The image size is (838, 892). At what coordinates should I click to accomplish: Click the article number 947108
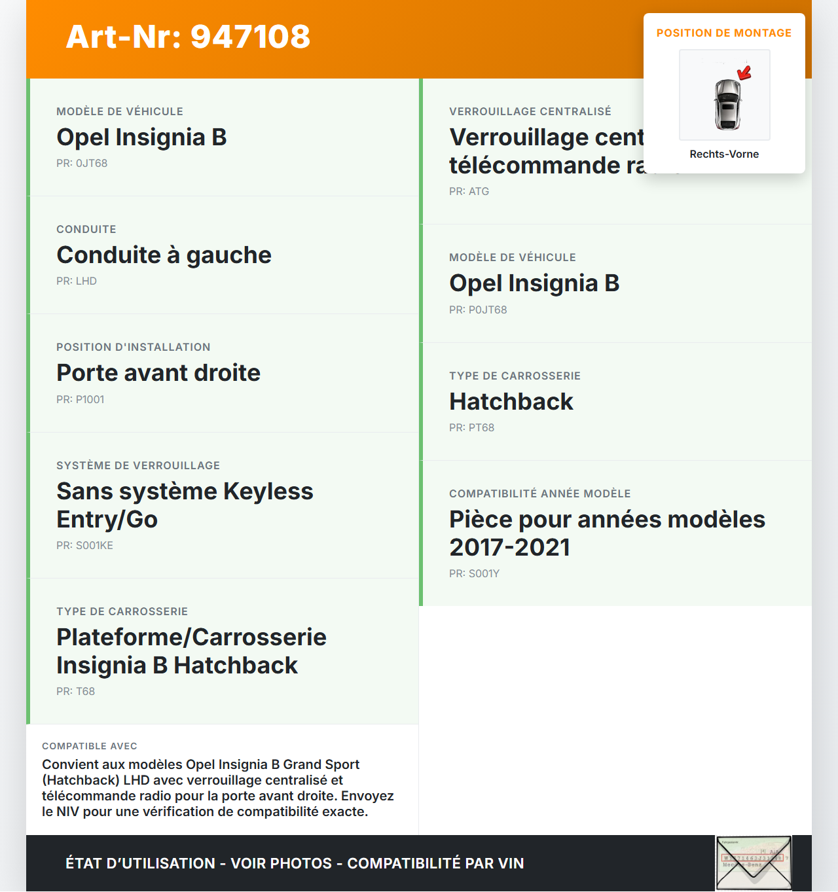point(250,37)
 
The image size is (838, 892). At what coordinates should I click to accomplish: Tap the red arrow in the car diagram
point(745,71)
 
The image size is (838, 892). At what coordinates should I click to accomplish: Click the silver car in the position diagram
point(727,104)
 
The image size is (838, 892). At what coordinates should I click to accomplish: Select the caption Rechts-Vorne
point(724,154)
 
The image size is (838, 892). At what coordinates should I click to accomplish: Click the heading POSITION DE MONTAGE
point(724,33)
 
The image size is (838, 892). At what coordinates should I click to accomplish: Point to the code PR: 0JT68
point(82,164)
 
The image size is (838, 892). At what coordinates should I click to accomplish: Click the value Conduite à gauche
point(164,255)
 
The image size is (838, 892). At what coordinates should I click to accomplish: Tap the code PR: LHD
point(77,281)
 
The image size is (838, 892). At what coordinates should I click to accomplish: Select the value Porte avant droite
point(158,373)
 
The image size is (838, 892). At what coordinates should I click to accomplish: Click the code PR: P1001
point(80,400)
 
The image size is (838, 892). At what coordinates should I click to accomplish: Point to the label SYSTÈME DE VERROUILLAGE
point(138,466)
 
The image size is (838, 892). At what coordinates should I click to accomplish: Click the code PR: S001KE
point(84,546)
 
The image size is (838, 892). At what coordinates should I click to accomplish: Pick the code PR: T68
point(75,692)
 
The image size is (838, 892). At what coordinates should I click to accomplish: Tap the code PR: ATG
point(469,192)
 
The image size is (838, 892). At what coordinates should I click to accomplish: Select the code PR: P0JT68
point(478,310)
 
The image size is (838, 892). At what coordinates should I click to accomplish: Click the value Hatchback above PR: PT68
point(511,402)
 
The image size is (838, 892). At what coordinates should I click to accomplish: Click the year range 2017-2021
point(509,548)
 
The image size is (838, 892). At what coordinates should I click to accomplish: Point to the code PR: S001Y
point(474,574)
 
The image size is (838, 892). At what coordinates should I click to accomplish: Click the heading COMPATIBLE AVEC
point(90,747)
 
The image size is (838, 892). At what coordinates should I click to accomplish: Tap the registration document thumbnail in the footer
point(754,863)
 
